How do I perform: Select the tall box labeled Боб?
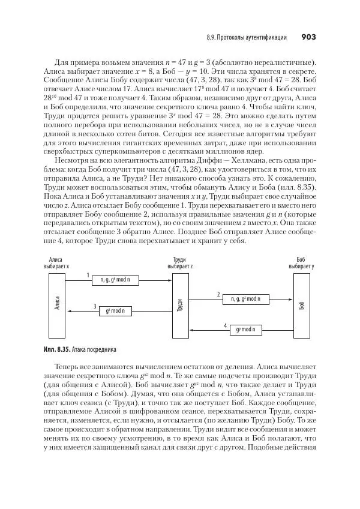(x=301, y=305)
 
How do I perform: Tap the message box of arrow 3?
(x=115, y=311)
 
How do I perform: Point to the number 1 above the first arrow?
(x=88, y=276)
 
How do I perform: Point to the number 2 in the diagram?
(x=218, y=294)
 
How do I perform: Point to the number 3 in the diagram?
(x=95, y=307)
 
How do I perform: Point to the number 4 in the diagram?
(x=225, y=325)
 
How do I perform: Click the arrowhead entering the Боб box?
(x=290, y=298)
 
